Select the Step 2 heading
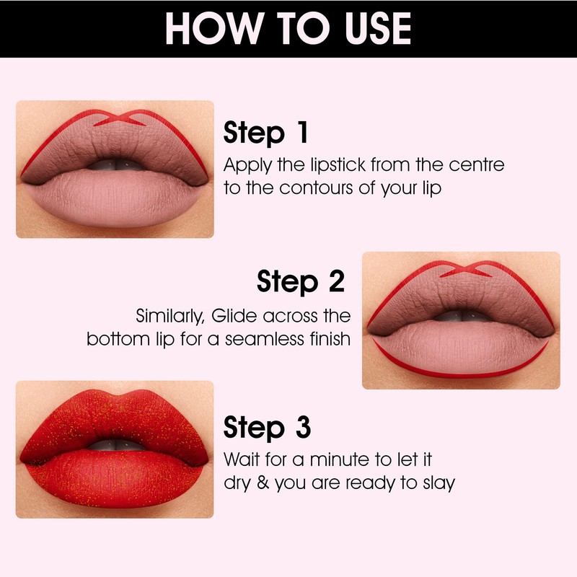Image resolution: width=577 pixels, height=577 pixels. tap(301, 281)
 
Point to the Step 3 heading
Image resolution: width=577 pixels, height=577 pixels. tap(267, 427)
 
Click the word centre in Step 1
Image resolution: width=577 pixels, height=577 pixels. tap(477, 164)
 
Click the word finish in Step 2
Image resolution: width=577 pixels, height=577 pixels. tap(327, 339)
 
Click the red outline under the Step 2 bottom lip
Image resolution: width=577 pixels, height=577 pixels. tap(462, 374)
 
